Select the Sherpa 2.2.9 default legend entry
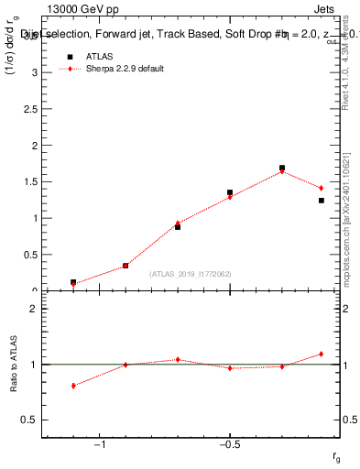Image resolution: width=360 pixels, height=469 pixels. pyautogui.click(x=125, y=70)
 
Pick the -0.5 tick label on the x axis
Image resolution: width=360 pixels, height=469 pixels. pyautogui.click(x=229, y=445)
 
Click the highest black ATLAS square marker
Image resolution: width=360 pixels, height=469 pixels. pyautogui.click(x=282, y=169)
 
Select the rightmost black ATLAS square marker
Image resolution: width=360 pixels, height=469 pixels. pyautogui.click(x=322, y=200)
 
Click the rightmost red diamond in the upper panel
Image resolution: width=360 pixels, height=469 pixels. pyautogui.click(x=322, y=188)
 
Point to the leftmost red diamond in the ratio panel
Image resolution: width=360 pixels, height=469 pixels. pyautogui.click(x=73, y=386)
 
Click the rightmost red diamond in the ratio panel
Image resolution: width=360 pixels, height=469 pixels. pyautogui.click(x=322, y=354)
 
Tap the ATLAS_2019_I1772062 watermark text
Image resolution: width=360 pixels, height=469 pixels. pyautogui.click(x=191, y=274)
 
